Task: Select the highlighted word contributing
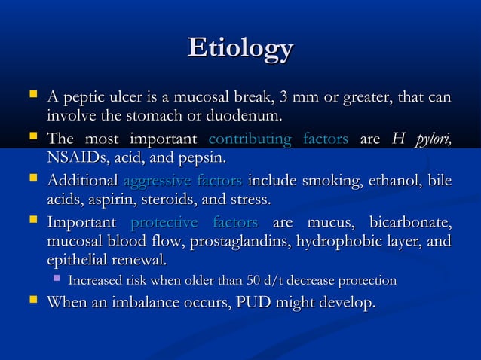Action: click(x=249, y=139)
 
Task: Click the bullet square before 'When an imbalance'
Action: click(x=31, y=302)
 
